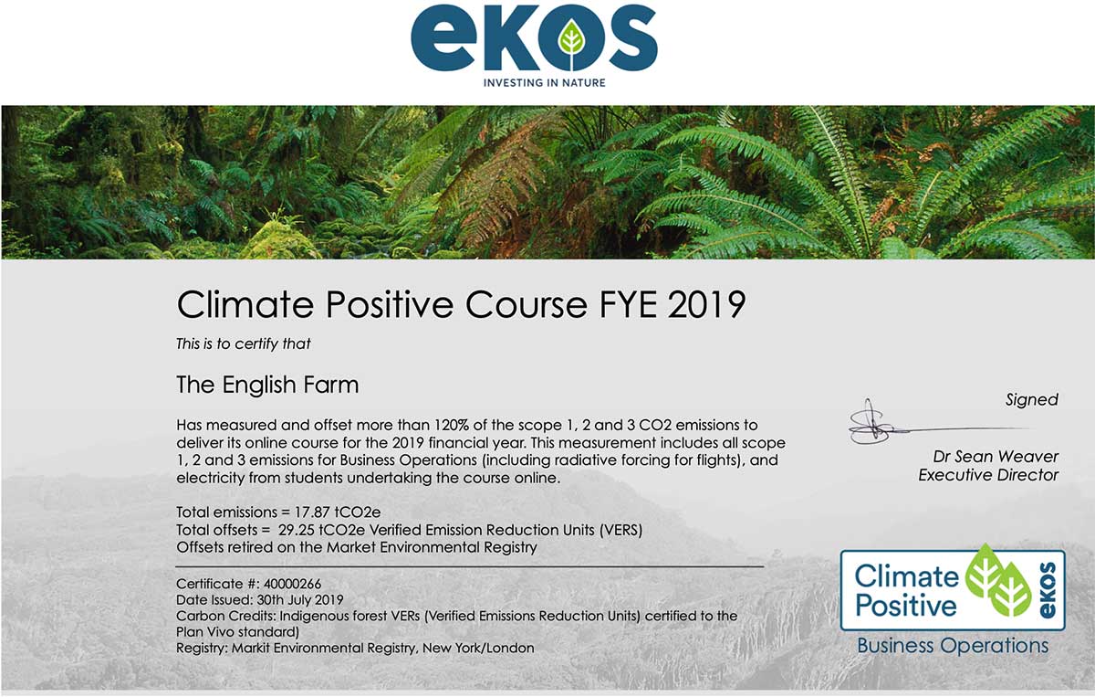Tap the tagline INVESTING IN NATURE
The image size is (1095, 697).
pos(545,83)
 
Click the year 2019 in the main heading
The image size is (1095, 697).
pos(706,304)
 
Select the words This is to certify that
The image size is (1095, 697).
pos(244,344)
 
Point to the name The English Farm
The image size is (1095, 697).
pos(267,385)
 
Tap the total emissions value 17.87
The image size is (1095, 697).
pos(312,512)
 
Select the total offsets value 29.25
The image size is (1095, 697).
pos(297,530)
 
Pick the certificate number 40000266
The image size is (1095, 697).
pos(292,584)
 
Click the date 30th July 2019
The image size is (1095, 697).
pos(300,600)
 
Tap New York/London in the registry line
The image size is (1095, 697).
pos(478,648)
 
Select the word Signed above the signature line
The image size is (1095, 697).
pos(1032,400)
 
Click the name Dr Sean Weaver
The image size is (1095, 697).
pos(996,457)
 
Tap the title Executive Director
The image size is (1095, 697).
pos(988,475)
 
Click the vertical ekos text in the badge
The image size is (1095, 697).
pos(1047,590)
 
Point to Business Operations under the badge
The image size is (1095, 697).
pos(953,646)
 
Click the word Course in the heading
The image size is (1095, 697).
pos(526,304)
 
